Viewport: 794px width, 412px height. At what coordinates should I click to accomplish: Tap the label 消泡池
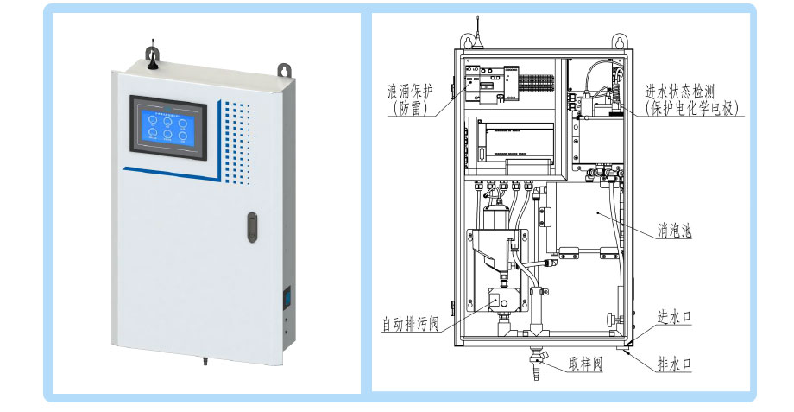click(674, 231)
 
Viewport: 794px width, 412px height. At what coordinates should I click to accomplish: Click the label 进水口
click(675, 317)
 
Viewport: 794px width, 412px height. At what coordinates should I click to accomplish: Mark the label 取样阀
click(584, 364)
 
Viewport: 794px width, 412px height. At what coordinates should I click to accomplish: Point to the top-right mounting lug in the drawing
click(620, 41)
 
